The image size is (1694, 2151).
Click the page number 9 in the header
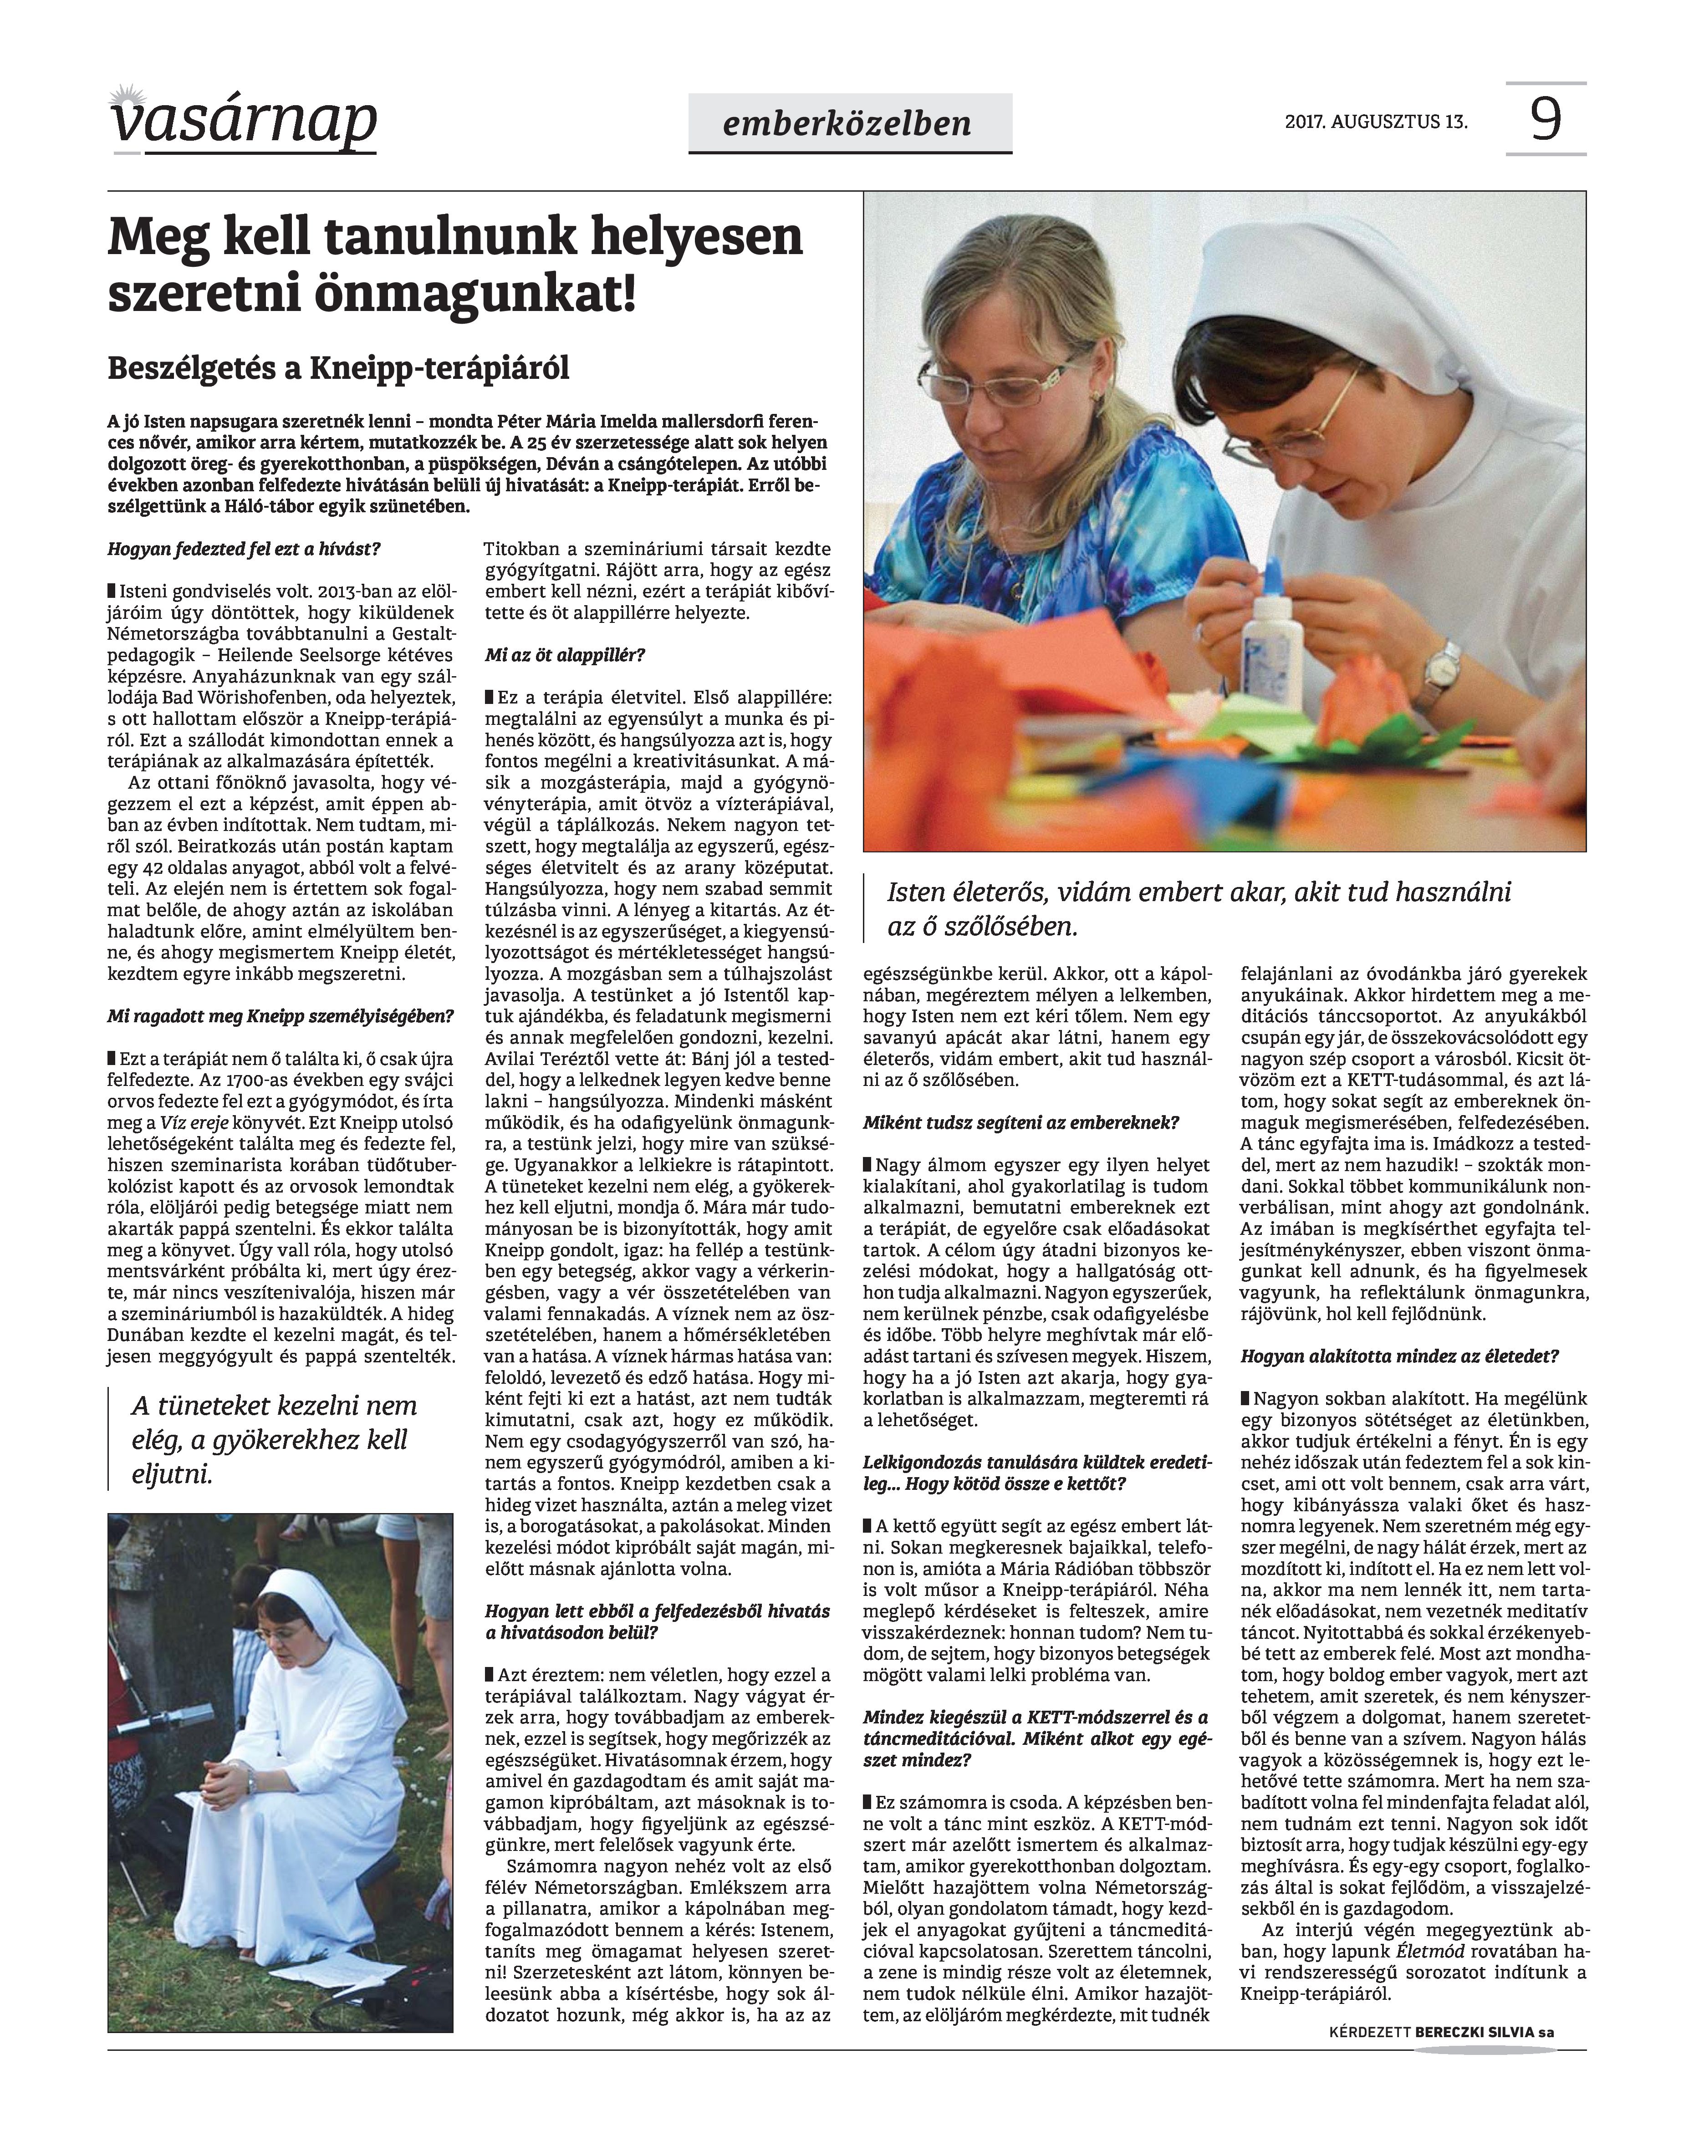tap(1545, 120)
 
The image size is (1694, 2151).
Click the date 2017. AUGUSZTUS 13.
tap(1376, 123)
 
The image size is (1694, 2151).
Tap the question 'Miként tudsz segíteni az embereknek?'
tap(1020, 1122)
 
